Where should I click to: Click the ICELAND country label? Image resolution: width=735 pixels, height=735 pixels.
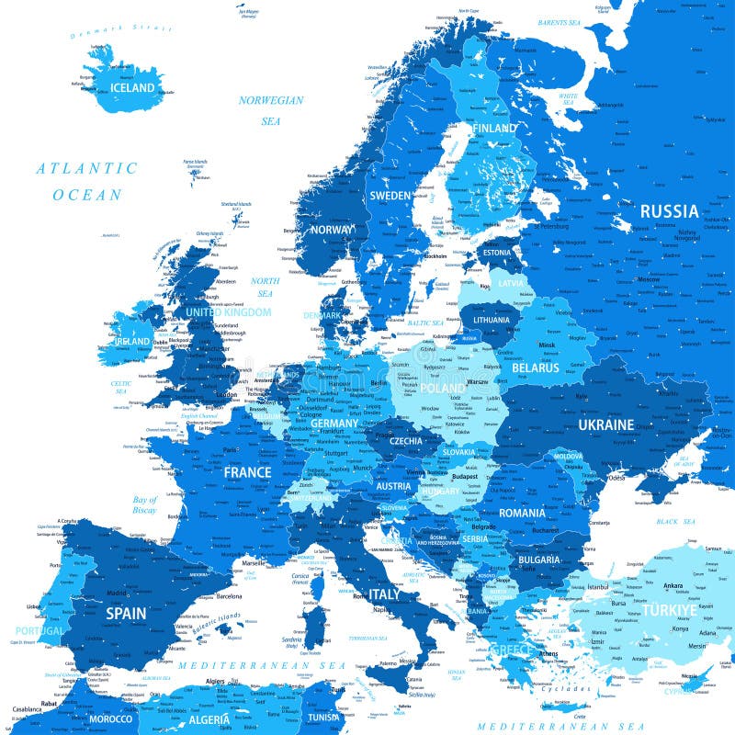(133, 88)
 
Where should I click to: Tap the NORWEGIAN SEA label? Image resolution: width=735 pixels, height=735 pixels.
(270, 109)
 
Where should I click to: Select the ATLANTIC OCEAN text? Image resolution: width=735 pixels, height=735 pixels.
(86, 181)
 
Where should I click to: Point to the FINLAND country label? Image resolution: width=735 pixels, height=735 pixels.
(494, 128)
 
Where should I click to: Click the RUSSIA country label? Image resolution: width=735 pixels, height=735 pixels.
(669, 211)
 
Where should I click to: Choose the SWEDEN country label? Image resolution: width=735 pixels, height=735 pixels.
(390, 196)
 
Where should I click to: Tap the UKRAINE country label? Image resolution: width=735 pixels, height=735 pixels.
(605, 424)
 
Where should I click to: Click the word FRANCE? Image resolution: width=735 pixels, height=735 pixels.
(247, 472)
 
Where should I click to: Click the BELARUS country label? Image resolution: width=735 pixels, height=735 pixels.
(536, 367)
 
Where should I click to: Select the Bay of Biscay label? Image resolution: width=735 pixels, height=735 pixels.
(144, 504)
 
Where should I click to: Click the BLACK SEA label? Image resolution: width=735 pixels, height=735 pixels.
(675, 521)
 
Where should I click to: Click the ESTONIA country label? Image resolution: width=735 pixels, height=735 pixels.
(496, 253)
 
